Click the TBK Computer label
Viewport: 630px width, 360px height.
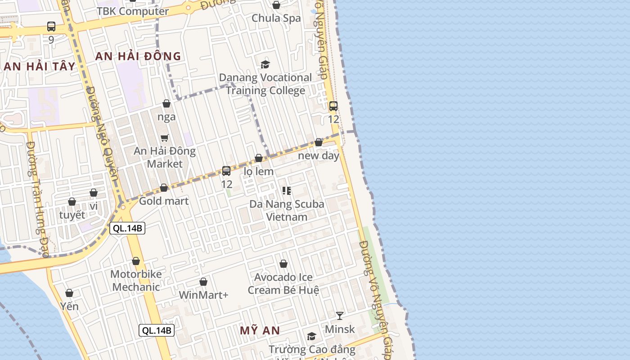pos(133,11)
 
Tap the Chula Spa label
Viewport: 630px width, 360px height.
pos(276,18)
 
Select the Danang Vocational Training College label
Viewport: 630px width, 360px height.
pos(265,84)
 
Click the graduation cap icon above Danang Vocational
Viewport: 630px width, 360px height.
pos(265,64)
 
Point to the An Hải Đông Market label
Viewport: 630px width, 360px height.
pos(165,157)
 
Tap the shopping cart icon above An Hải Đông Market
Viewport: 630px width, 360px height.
pos(165,138)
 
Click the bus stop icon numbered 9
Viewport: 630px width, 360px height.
pos(51,27)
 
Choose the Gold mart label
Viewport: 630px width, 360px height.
pos(164,201)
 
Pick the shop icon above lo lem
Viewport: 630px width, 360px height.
pos(259,158)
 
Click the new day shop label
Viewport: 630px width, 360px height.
pos(319,156)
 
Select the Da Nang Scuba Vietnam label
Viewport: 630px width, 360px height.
pos(287,211)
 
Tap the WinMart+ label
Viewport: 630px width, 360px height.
pos(203,295)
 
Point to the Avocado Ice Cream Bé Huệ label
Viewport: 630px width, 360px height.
pos(283,283)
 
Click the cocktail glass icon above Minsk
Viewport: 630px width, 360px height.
pos(340,315)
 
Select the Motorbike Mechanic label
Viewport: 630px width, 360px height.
pos(136,280)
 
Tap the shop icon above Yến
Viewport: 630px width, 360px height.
pos(69,293)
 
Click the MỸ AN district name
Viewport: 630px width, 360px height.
pos(260,331)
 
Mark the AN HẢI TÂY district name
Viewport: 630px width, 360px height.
pos(40,67)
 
